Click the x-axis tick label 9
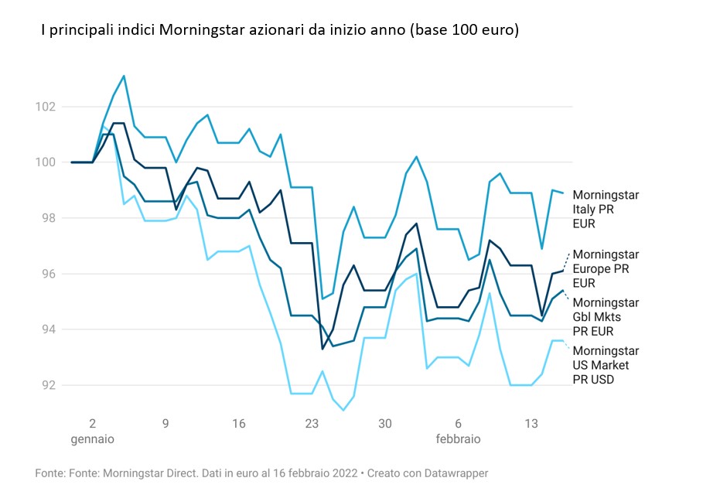click(x=166, y=424)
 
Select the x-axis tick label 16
click(x=239, y=424)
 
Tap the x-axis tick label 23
click(x=312, y=424)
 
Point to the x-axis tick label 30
click(x=385, y=424)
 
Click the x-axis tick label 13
click(x=531, y=424)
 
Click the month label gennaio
click(x=92, y=439)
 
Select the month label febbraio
click(x=458, y=439)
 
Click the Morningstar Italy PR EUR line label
click(x=605, y=209)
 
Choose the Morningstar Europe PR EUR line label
click(x=605, y=268)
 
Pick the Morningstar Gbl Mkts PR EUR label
click(x=605, y=316)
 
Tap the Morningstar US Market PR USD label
click(x=605, y=364)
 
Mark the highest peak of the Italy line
click(x=124, y=76)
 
